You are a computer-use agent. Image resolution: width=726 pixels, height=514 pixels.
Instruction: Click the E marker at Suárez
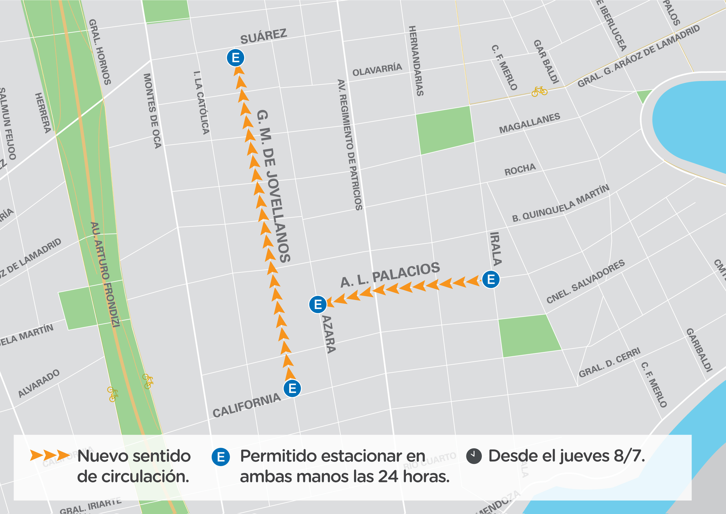point(235,58)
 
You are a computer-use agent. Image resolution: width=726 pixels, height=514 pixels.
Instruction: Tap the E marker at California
point(292,388)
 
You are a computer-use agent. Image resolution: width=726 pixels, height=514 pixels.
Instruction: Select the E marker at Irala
point(491,280)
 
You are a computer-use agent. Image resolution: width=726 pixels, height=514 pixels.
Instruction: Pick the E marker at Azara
point(318,304)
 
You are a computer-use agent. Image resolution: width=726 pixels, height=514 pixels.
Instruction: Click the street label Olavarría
point(377,70)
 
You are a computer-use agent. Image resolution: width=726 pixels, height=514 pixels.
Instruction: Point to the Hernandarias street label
point(416,61)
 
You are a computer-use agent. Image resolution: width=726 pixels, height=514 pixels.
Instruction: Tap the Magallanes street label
point(529,123)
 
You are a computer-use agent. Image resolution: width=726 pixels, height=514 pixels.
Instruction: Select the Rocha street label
point(520,170)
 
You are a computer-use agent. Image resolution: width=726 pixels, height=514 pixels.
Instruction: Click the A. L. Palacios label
point(390,275)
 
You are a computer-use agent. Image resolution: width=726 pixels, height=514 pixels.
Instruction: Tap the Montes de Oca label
point(152,111)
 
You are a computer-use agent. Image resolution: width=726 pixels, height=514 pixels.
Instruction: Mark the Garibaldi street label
point(699,350)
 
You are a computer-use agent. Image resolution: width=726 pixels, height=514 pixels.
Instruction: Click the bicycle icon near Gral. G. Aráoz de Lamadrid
point(539,91)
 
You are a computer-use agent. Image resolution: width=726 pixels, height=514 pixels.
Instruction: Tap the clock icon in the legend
point(474,456)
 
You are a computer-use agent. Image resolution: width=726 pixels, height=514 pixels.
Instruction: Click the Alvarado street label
point(39,383)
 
